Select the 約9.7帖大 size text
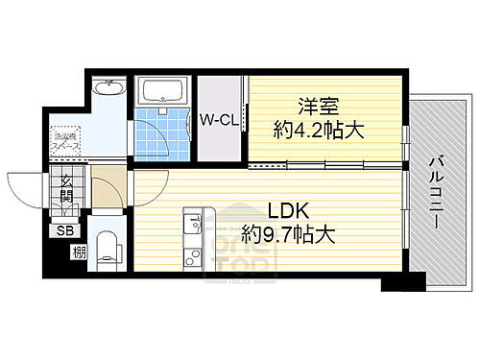(288, 233)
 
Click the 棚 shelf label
(76, 253)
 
